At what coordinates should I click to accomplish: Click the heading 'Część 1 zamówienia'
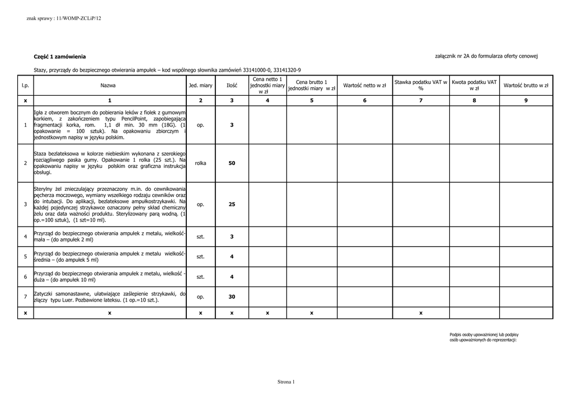coord(60,57)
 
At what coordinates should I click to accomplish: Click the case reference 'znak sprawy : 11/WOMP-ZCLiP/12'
coord(64,18)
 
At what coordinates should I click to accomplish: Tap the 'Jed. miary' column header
coord(200,86)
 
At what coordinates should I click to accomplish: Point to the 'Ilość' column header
coord(232,86)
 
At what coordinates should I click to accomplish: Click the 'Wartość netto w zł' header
coord(365,86)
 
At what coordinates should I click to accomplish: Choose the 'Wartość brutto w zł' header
coord(526,86)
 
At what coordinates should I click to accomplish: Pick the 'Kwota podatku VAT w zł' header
coord(475,86)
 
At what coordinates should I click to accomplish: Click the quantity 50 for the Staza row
coord(232,163)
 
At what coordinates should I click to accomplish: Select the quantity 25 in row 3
coord(232,204)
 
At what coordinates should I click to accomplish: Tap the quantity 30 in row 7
coord(232,297)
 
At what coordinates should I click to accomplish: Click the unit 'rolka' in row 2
coord(200,163)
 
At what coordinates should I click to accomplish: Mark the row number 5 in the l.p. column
coord(25,257)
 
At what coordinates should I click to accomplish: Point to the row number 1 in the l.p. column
coord(25,125)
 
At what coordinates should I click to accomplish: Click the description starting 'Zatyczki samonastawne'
coord(110,297)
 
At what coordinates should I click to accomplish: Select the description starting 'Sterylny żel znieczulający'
coord(110,204)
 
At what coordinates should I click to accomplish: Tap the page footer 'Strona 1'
coord(286,382)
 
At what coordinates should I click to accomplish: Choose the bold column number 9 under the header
coord(526,101)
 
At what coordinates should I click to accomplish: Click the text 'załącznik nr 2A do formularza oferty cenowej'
coord(486,56)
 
